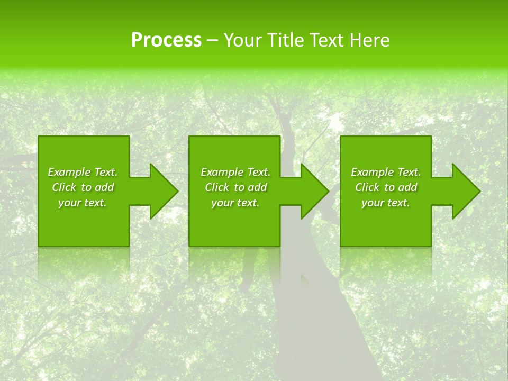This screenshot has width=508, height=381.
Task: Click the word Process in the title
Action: click(166, 40)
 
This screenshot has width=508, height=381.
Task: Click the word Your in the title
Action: click(242, 40)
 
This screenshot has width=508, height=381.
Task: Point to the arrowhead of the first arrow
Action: click(164, 191)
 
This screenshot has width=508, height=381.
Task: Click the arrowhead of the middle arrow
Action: click(314, 191)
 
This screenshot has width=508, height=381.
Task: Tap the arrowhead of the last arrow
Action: click(466, 191)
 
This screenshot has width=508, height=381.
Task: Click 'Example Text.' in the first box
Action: click(83, 172)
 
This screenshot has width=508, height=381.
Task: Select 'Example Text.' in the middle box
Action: click(235, 172)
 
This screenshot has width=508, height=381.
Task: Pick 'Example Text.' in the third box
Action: click(386, 172)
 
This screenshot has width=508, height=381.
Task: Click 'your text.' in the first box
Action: click(83, 203)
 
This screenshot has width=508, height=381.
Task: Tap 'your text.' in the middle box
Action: click(235, 203)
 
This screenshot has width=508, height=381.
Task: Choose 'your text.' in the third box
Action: click(386, 203)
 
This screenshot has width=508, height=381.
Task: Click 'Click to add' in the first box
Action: click(83, 187)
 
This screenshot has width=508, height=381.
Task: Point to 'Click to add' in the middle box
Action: click(235, 187)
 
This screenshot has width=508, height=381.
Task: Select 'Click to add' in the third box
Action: click(386, 187)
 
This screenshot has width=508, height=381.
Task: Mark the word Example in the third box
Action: click(373, 172)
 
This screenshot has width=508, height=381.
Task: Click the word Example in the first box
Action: click(69, 172)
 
